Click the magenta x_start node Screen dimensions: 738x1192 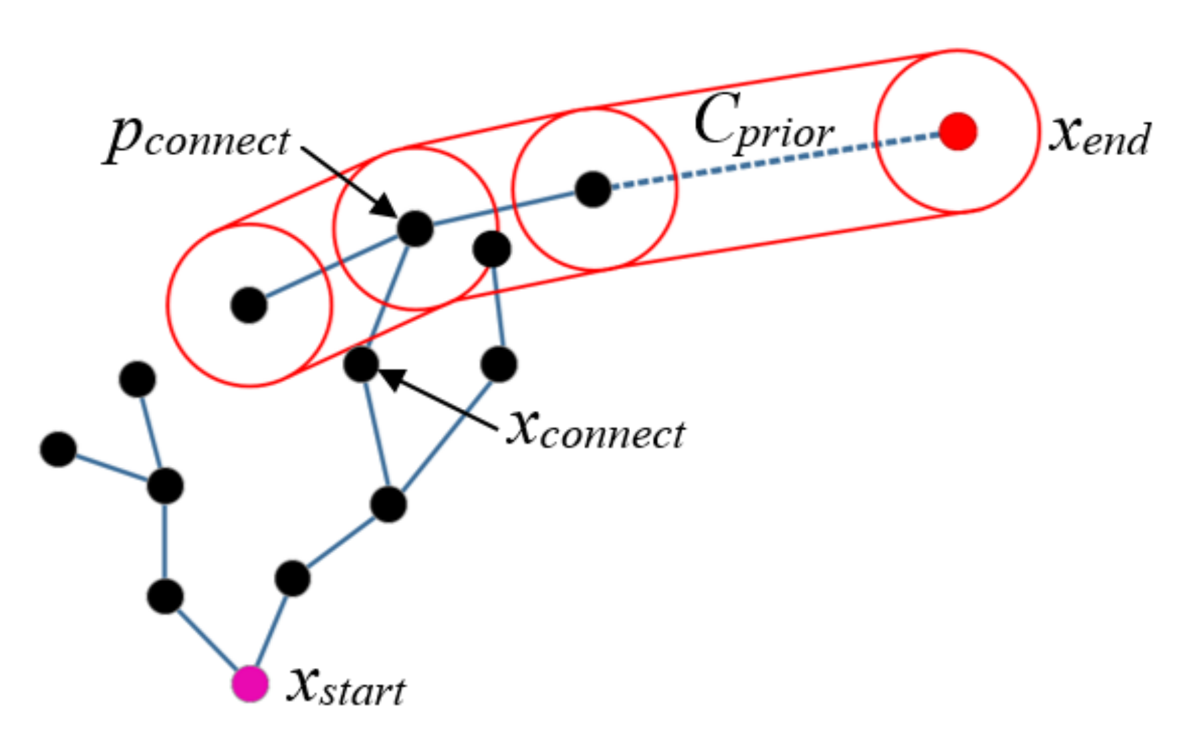click(250, 684)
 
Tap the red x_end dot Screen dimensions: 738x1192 click(958, 132)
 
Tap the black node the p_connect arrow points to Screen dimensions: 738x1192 click(415, 228)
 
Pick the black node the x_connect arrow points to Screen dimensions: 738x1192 click(361, 364)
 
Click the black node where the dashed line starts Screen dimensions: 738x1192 click(593, 189)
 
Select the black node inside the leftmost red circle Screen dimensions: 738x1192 click(249, 305)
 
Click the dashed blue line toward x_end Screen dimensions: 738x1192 click(772, 160)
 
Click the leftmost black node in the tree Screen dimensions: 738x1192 click(58, 449)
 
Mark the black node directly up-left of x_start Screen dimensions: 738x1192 click(165, 596)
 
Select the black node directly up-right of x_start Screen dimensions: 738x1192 click(292, 578)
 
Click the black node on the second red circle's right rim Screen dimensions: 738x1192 click(491, 249)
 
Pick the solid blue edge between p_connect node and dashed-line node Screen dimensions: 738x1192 click(504, 209)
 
